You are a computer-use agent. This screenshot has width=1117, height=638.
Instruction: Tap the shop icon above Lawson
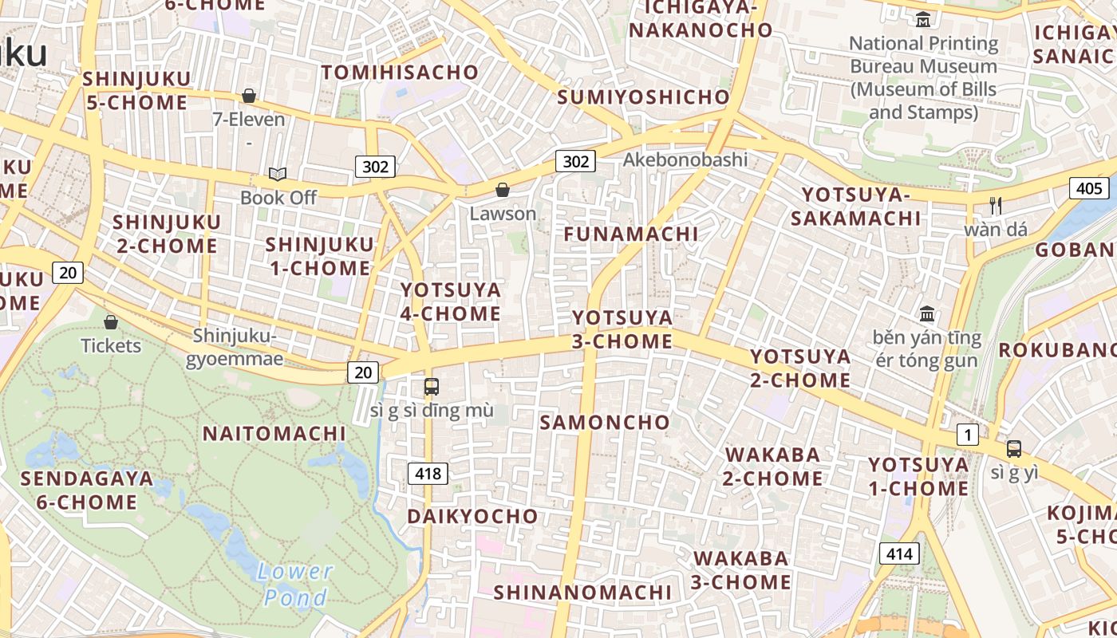point(503,190)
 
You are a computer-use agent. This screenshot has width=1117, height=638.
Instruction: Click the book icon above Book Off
point(278,174)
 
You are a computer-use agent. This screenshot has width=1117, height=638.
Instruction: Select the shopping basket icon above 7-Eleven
point(249,96)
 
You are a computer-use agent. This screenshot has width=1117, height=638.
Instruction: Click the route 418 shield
point(428,474)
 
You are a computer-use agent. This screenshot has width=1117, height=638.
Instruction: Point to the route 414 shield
point(900,553)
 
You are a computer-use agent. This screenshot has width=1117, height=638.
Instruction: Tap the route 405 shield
point(1088,188)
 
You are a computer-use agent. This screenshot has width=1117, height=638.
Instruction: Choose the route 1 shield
point(967,435)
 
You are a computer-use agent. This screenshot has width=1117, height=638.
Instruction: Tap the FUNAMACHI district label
point(631,234)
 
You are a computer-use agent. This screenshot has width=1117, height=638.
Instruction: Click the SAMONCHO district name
point(605,423)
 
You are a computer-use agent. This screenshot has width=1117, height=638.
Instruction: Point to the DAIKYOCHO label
point(472,517)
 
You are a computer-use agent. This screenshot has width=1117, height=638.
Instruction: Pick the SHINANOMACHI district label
point(582,593)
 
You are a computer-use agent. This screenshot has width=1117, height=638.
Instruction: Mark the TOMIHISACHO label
point(400,73)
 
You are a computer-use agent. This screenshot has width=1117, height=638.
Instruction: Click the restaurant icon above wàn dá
point(996,206)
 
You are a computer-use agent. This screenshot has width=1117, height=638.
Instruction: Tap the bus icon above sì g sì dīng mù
point(432,387)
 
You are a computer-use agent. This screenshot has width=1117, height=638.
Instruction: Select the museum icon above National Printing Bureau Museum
point(923,19)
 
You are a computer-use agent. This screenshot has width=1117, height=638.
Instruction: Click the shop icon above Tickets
point(111,322)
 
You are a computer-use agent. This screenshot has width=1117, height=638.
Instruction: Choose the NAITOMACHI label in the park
point(274,434)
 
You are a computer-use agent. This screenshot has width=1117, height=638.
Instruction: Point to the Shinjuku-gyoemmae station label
point(235,347)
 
